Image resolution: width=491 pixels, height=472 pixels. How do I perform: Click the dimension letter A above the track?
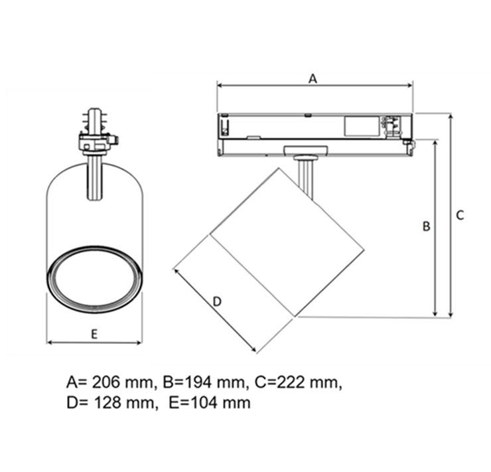coord(313,78)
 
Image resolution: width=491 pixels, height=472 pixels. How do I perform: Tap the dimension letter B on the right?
coord(426,226)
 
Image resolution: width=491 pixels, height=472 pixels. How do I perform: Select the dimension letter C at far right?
coord(460,215)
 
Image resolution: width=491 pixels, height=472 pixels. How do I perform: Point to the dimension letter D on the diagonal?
coord(217,301)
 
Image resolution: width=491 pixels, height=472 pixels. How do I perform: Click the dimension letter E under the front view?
coord(94,334)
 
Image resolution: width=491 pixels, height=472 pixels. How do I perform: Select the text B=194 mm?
coord(204,382)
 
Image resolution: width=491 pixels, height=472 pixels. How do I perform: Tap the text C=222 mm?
coord(297,382)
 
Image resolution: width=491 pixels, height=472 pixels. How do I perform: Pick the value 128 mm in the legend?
coord(124,403)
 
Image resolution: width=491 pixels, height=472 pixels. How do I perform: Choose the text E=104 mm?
coord(210,403)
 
